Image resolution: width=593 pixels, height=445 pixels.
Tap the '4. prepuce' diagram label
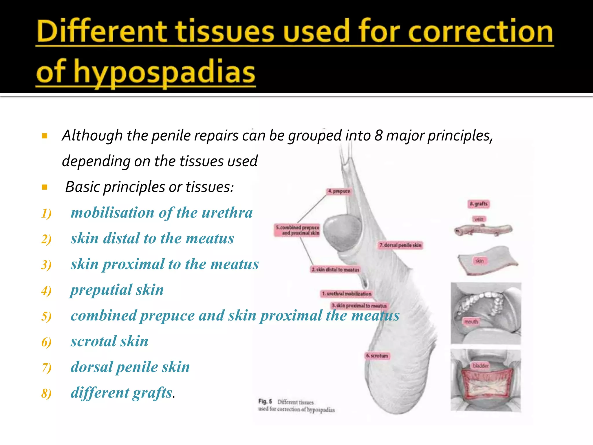tap(339, 191)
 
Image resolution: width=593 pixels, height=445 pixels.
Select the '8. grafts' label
tap(479, 204)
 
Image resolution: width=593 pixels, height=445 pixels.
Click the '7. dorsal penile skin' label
tap(400, 245)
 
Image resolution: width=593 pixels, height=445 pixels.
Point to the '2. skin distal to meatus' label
tap(335, 270)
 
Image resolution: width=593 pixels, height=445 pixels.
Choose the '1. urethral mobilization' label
tap(346, 294)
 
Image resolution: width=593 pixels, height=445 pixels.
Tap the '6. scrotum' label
tap(377, 356)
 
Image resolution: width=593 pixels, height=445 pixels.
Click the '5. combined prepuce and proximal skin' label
tap(297, 230)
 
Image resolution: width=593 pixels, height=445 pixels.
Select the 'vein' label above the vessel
tap(479, 219)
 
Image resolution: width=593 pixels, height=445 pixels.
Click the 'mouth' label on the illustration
tap(471, 322)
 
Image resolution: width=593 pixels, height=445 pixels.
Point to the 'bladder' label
tap(480, 366)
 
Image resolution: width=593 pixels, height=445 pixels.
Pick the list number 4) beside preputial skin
tap(46, 291)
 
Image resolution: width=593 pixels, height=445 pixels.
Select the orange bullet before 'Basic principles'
tap(45, 187)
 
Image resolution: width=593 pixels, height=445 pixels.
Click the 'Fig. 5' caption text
tap(265, 402)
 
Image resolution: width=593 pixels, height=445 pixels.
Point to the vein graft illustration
tap(483, 230)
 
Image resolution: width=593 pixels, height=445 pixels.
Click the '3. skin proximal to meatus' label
tap(359, 306)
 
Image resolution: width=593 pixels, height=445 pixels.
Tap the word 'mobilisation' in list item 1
tap(113, 213)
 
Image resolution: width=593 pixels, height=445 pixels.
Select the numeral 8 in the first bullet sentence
tap(378, 136)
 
